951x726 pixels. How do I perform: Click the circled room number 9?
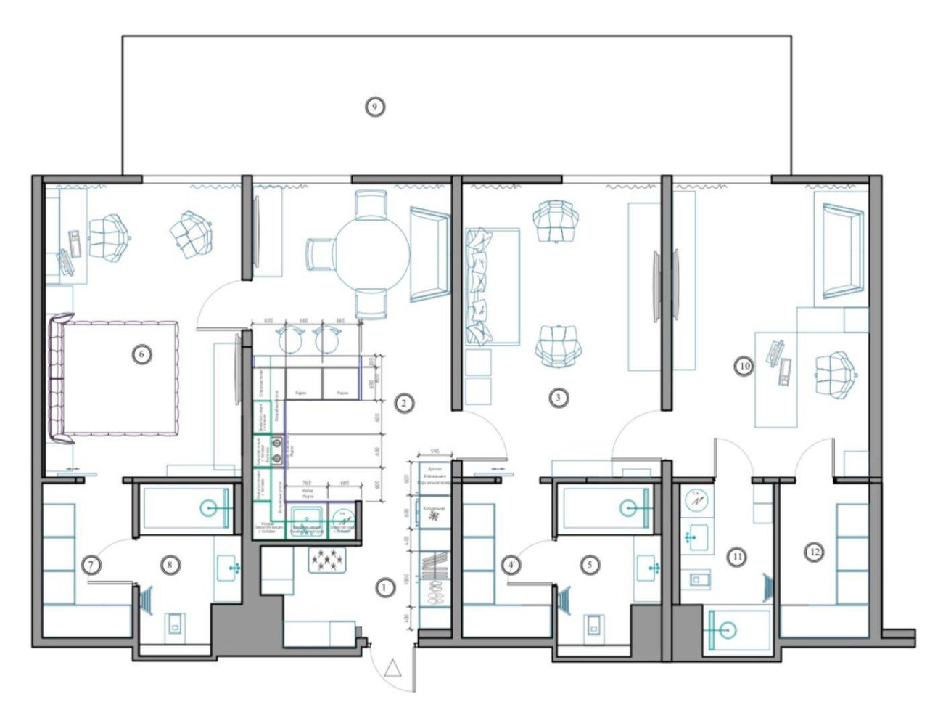click(x=374, y=107)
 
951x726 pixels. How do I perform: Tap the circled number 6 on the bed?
click(x=142, y=354)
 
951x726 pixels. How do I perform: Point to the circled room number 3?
click(x=557, y=397)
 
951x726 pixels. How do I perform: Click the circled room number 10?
click(x=744, y=367)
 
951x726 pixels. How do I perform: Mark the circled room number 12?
click(x=815, y=552)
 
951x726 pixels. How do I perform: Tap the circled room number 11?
click(x=737, y=558)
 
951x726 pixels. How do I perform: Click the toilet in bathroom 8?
click(x=174, y=623)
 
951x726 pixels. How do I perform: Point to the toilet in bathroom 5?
click(x=594, y=623)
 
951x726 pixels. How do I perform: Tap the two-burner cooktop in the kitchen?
click(x=276, y=449)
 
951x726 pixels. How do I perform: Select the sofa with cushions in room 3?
click(x=493, y=286)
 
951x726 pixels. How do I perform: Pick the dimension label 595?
click(x=436, y=452)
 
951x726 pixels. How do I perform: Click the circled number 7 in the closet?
click(x=91, y=564)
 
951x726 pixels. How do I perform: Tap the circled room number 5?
click(x=590, y=563)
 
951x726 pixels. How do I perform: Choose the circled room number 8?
click(x=169, y=563)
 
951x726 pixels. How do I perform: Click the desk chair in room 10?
click(x=839, y=375)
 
